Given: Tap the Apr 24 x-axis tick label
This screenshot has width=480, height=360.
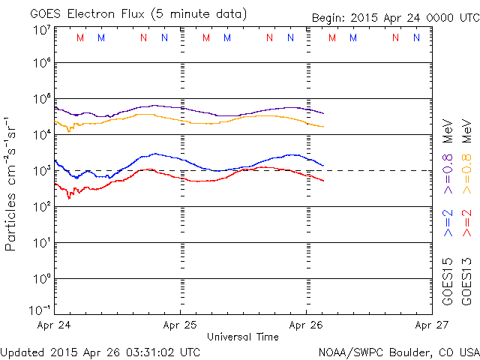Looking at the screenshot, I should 55,325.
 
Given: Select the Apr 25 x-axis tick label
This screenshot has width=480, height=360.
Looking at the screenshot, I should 181,325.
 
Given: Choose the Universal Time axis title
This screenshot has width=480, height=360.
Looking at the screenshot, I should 243,337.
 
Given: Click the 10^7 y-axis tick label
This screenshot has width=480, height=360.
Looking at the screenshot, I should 40,31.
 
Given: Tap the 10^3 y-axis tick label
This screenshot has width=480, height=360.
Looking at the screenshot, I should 40,171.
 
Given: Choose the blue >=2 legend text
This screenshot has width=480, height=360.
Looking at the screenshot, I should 448,224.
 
